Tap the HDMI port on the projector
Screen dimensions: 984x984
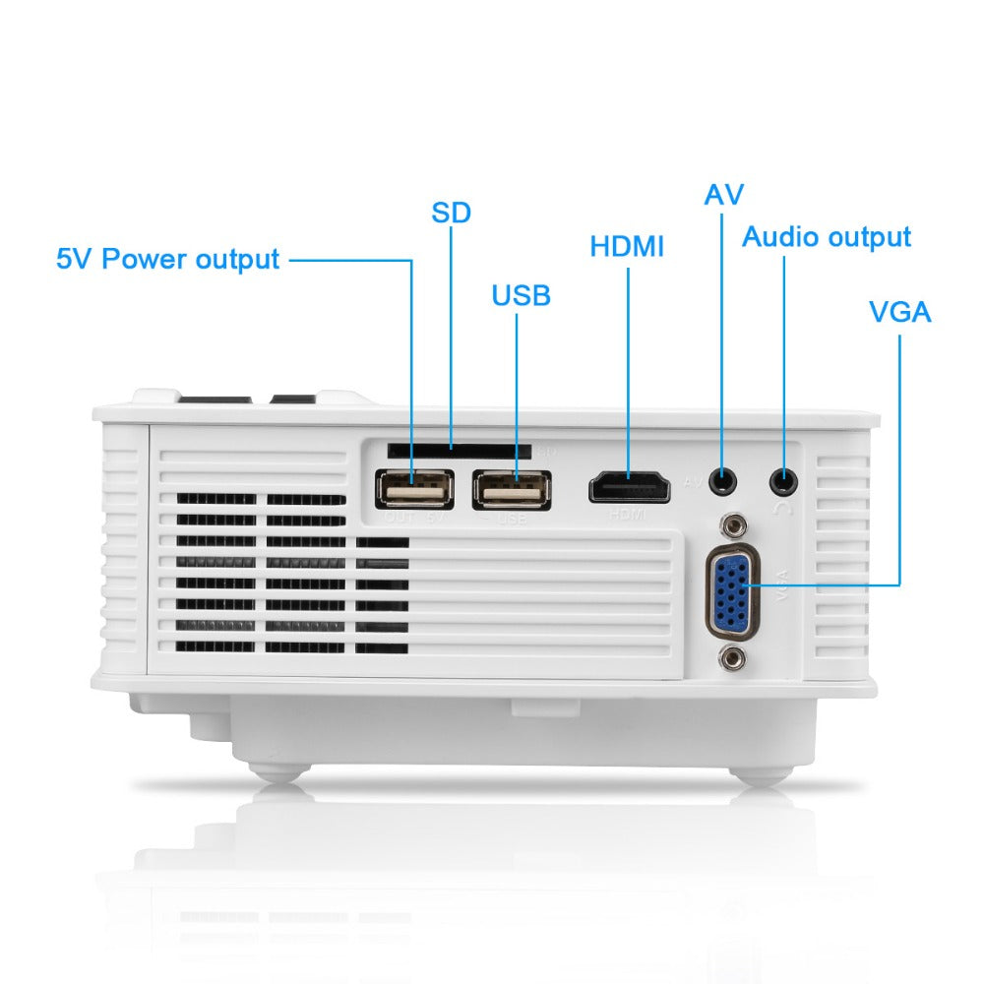[x=630, y=487]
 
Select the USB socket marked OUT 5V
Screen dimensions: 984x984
[x=413, y=488]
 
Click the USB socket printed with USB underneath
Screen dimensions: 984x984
[x=511, y=488]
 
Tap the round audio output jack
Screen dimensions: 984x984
[x=784, y=481]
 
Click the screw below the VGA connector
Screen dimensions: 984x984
[x=731, y=658]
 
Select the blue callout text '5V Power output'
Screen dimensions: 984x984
[x=168, y=260]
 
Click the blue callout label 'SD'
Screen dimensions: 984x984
[x=452, y=212]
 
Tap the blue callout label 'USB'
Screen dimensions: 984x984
[x=521, y=295]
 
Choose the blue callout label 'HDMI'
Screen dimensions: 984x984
[x=627, y=247]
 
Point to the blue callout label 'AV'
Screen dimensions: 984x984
[x=723, y=195]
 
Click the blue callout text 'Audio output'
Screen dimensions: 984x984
[x=826, y=237]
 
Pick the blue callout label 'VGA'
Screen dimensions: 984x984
[x=899, y=313]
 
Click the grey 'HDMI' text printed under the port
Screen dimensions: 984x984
[x=627, y=515]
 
